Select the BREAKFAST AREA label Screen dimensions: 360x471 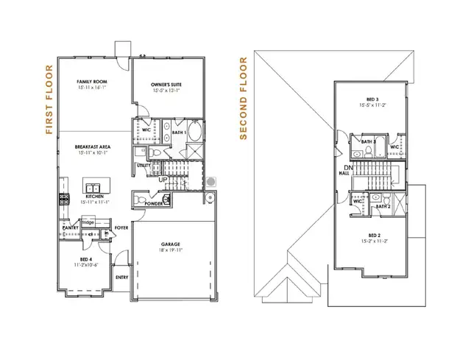(x=92, y=147)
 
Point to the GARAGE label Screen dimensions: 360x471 (x=171, y=243)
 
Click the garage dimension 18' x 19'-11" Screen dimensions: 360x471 (x=171, y=250)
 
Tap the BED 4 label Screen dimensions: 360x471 (x=87, y=260)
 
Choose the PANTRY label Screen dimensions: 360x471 (x=71, y=228)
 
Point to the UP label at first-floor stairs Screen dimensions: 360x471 (x=163, y=179)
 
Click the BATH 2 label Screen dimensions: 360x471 (x=383, y=207)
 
